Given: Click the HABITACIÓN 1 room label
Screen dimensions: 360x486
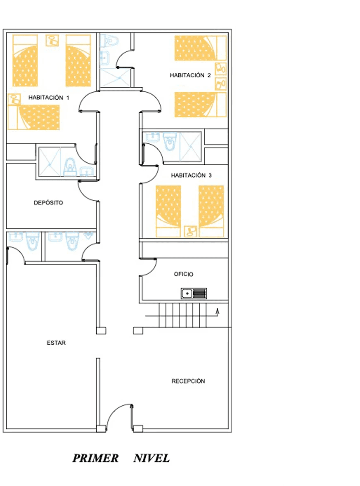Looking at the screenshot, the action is click(x=49, y=98).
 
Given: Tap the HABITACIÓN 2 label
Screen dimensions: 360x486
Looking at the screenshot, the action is click(x=190, y=75).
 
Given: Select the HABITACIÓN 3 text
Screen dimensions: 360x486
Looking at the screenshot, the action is click(x=191, y=175).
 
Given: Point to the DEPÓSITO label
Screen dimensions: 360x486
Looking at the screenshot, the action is click(x=48, y=203).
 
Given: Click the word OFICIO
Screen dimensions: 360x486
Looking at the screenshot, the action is click(x=183, y=274).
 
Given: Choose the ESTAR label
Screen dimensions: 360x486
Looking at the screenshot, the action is click(x=56, y=343).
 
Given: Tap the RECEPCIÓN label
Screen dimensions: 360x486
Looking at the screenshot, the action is click(x=188, y=381).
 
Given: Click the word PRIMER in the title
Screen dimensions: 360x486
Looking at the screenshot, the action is click(x=96, y=458).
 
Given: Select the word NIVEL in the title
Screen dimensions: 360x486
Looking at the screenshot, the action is click(x=152, y=458).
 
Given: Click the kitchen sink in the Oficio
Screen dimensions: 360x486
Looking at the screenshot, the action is click(x=194, y=294).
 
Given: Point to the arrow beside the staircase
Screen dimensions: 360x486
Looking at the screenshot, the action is click(x=217, y=313).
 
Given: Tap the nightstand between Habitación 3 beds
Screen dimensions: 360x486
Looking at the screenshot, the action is click(x=190, y=231).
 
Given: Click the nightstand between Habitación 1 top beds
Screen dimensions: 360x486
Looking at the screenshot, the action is click(x=52, y=40).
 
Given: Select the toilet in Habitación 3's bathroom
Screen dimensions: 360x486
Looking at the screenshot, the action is click(x=170, y=142).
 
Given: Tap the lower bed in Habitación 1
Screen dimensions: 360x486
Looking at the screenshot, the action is click(x=33, y=117).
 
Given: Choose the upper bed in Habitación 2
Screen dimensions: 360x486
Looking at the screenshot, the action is click(x=200, y=48).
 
